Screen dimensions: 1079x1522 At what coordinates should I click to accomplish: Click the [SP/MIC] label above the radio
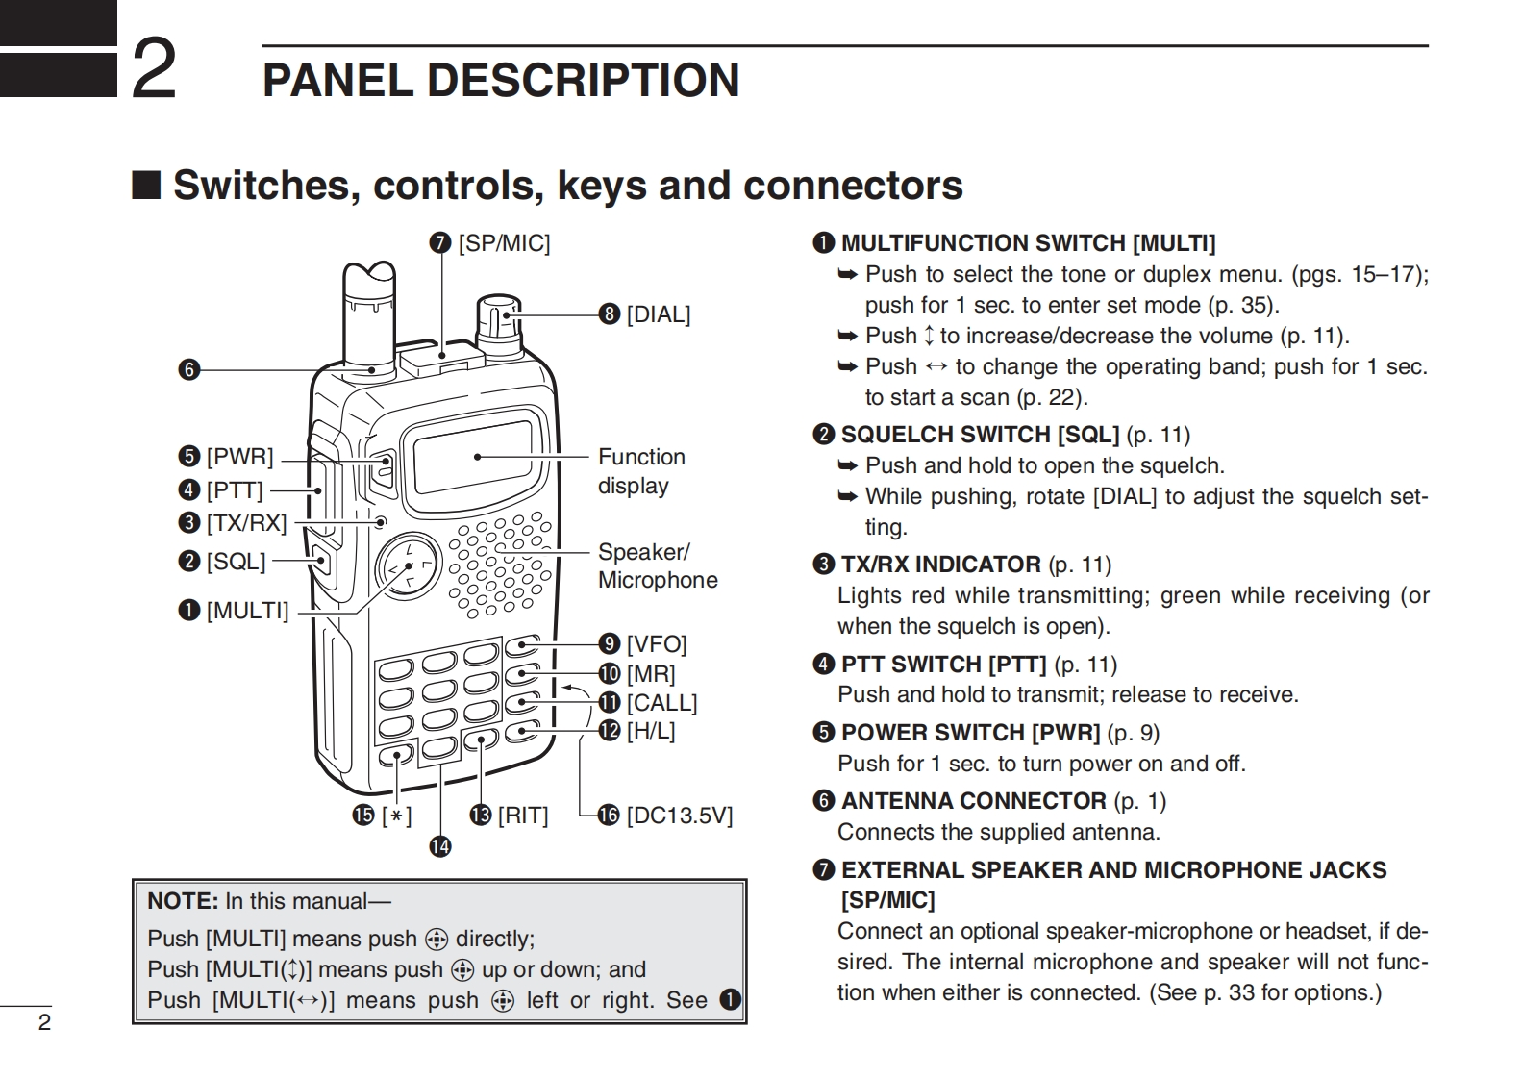(x=503, y=243)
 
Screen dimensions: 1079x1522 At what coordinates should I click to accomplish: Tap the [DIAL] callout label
(x=658, y=314)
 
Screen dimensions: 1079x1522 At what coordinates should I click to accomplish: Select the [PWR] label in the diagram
(x=239, y=456)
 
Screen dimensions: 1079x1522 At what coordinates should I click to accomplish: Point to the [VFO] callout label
(x=656, y=643)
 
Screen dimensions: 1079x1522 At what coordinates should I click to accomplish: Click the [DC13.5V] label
(x=679, y=816)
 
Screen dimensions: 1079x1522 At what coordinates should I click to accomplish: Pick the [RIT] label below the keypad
(x=522, y=816)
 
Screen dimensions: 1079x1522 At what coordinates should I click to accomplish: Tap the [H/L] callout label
(x=650, y=731)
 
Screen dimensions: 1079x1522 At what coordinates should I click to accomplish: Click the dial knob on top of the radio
(x=499, y=322)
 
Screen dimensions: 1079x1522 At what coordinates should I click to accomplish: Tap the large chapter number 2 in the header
(x=154, y=69)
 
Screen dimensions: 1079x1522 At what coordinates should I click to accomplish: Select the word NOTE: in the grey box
(x=183, y=901)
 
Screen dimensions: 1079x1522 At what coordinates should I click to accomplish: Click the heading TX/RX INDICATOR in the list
(x=939, y=565)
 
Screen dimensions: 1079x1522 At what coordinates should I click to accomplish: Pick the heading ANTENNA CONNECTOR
(x=973, y=801)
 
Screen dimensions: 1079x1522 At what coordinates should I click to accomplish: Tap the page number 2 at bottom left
(x=44, y=1022)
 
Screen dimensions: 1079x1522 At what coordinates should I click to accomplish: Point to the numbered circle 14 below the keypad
(x=440, y=846)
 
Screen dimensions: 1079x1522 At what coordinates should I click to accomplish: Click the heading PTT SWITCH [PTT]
(x=942, y=665)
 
